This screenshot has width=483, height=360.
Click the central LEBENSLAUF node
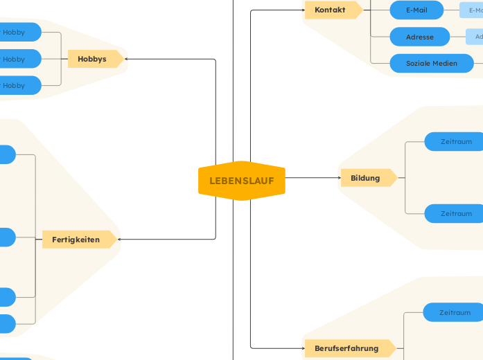(242, 181)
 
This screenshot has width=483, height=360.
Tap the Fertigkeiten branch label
(77, 240)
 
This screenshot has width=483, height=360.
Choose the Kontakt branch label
(331, 10)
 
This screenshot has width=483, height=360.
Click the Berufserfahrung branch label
(348, 348)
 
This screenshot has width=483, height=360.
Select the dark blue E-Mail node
(416, 10)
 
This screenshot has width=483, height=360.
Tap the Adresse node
(420, 37)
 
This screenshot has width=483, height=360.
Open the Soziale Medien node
(431, 63)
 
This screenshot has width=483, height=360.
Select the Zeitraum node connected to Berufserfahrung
(454, 312)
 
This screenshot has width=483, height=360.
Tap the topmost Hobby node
(18, 32)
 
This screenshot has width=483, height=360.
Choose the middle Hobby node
(18, 59)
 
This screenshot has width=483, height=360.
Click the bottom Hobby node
(18, 85)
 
